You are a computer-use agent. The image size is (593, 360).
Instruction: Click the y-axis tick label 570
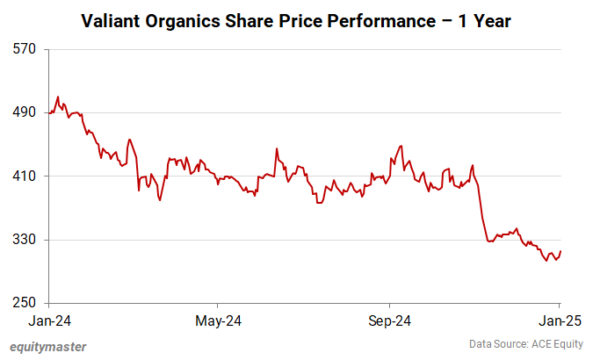25,49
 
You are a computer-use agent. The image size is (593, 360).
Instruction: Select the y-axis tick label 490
25,112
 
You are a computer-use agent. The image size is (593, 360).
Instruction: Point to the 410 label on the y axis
25,176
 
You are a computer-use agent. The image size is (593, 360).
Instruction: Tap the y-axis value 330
25,240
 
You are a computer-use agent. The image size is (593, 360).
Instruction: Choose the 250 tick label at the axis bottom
25,304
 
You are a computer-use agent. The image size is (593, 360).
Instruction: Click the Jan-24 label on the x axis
49,320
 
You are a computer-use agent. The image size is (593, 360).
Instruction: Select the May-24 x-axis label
218,320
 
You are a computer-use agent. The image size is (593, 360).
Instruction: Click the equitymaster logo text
48,346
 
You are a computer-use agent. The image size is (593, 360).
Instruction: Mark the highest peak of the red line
58,97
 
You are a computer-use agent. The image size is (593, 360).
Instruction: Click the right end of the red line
560,251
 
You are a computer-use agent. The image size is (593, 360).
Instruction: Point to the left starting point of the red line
50,112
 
